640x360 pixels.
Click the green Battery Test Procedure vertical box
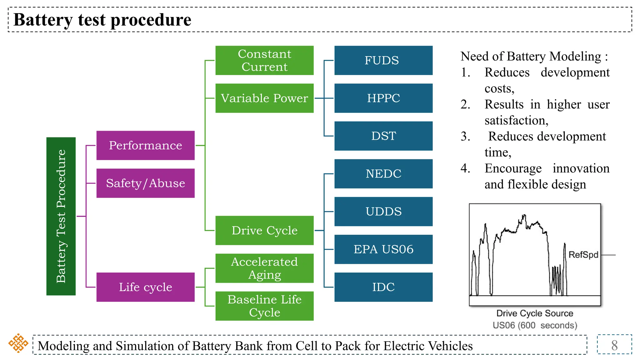pyautogui.click(x=61, y=216)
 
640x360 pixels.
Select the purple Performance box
pyautogui.click(x=145, y=145)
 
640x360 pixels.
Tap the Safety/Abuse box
pyautogui.click(x=145, y=183)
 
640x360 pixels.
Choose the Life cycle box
pyautogui.click(x=145, y=287)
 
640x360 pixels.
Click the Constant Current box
pyautogui.click(x=264, y=60)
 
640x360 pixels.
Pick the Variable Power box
pyautogui.click(x=264, y=98)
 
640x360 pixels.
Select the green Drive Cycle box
pyautogui.click(x=264, y=230)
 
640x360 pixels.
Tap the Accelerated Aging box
pyautogui.click(x=264, y=268)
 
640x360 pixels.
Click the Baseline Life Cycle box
pyautogui.click(x=264, y=306)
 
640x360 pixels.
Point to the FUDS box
pyautogui.click(x=383, y=60)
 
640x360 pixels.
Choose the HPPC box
pyautogui.click(x=383, y=98)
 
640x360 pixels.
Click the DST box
pyautogui.click(x=383, y=136)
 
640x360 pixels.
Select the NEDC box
pyautogui.click(x=383, y=174)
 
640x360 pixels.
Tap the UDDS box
pyautogui.click(x=383, y=212)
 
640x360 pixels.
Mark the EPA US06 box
pyautogui.click(x=383, y=249)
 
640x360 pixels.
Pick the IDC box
pyautogui.click(x=383, y=287)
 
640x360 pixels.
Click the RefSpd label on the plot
pyautogui.click(x=583, y=255)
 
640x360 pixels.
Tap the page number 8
pyautogui.click(x=614, y=345)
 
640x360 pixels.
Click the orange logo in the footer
pyautogui.click(x=18, y=343)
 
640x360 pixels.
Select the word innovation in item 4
pyautogui.click(x=581, y=168)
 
